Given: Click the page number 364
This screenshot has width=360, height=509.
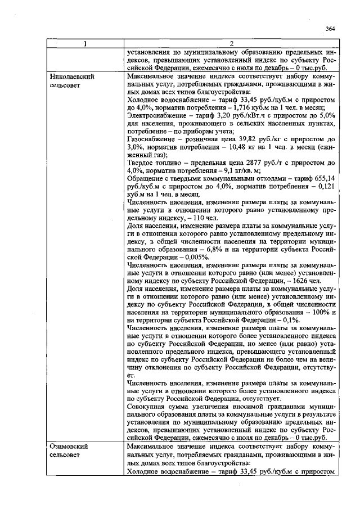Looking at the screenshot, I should tap(330, 29).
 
